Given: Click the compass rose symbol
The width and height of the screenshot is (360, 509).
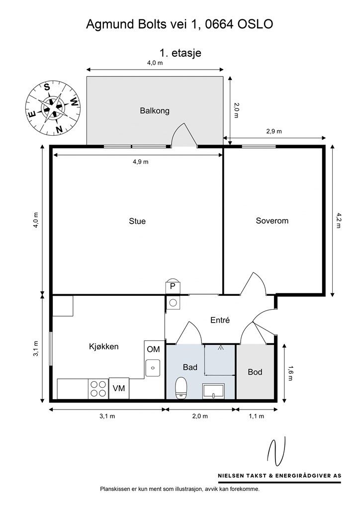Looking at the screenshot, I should [x=52, y=107].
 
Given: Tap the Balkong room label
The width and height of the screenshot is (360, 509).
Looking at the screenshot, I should [x=154, y=111].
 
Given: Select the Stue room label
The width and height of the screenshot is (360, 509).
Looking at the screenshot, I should [x=137, y=221].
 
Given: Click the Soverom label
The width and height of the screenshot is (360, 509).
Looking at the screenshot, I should [x=272, y=221].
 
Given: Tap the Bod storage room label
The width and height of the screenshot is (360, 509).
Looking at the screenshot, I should [x=255, y=372].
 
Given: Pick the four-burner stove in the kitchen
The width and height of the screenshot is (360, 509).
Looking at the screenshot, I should [x=98, y=388].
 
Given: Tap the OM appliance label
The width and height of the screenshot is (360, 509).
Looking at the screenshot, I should [x=153, y=349].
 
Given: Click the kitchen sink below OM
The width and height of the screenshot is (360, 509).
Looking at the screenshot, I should [x=153, y=368].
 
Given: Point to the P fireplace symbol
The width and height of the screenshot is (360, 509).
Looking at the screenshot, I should [x=173, y=285].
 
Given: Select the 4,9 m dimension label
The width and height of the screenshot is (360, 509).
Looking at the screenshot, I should [x=140, y=162].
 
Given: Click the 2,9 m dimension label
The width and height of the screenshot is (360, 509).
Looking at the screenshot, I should [x=273, y=131].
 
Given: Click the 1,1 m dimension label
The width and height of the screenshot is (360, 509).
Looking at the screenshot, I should [x=256, y=416].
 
